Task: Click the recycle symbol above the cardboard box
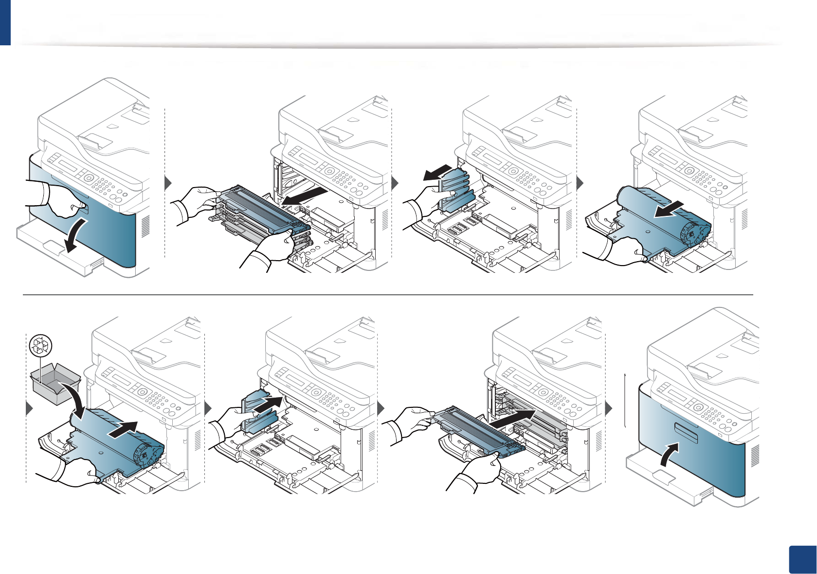(x=41, y=345)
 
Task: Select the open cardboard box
(x=55, y=383)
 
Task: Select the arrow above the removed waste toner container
(x=441, y=172)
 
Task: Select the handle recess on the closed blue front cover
(x=686, y=432)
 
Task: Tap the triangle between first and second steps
(x=168, y=183)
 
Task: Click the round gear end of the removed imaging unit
(x=693, y=233)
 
